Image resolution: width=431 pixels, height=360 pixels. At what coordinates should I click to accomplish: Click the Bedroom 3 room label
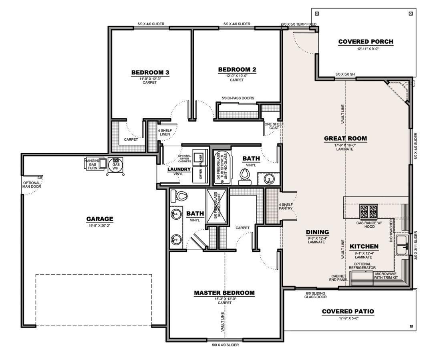[150, 73]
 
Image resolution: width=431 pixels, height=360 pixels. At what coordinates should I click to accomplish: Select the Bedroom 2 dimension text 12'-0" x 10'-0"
[237, 75]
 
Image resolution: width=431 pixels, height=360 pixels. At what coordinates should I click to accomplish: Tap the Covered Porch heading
[365, 42]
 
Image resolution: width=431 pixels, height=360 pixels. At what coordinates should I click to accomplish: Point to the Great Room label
[345, 139]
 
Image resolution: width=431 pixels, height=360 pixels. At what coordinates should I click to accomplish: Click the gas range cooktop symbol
[369, 210]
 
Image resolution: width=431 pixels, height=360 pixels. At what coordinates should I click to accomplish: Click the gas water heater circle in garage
[116, 164]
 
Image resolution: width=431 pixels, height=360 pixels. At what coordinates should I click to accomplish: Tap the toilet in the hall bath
[244, 177]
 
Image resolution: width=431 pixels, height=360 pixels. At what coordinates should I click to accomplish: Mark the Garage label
[100, 219]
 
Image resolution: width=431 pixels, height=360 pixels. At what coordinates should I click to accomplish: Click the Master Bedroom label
[224, 293]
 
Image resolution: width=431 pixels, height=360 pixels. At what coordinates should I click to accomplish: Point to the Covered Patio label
[348, 311]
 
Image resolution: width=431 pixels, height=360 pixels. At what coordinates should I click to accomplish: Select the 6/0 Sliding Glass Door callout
[315, 295]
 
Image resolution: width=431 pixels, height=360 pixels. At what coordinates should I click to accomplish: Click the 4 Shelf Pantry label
[286, 206]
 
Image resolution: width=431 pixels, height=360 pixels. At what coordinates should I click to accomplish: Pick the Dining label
[317, 232]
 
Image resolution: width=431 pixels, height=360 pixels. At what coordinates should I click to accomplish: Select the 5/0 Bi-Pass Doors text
[238, 98]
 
